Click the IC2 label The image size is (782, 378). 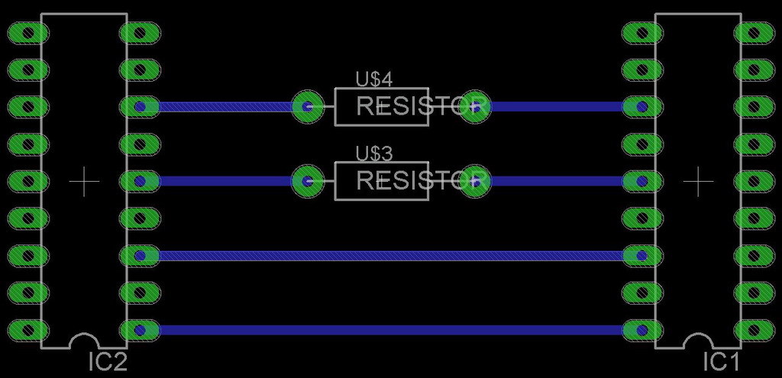(x=108, y=362)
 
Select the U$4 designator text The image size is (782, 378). (x=374, y=79)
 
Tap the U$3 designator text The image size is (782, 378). (x=374, y=153)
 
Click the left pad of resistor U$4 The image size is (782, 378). (x=308, y=107)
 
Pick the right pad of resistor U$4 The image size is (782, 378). (x=475, y=107)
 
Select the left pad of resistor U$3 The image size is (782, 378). (x=308, y=182)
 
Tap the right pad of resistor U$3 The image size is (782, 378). (x=475, y=182)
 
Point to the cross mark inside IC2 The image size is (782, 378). (x=84, y=182)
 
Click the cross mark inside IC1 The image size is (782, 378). (x=698, y=182)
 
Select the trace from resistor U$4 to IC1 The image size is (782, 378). (x=557, y=107)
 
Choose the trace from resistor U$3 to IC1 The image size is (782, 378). (x=557, y=182)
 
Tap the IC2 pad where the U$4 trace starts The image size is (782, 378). (x=140, y=107)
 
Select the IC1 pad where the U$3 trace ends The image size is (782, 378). (x=641, y=182)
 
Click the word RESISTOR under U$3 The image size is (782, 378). (x=422, y=181)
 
